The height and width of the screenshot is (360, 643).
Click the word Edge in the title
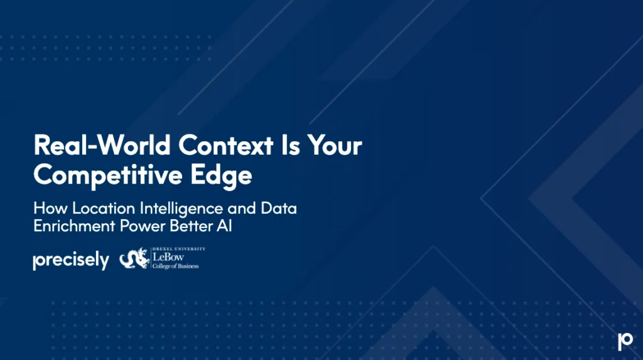227,175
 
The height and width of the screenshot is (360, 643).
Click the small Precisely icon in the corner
625,341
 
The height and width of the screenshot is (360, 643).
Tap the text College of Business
175,266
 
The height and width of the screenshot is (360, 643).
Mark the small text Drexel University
178,249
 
